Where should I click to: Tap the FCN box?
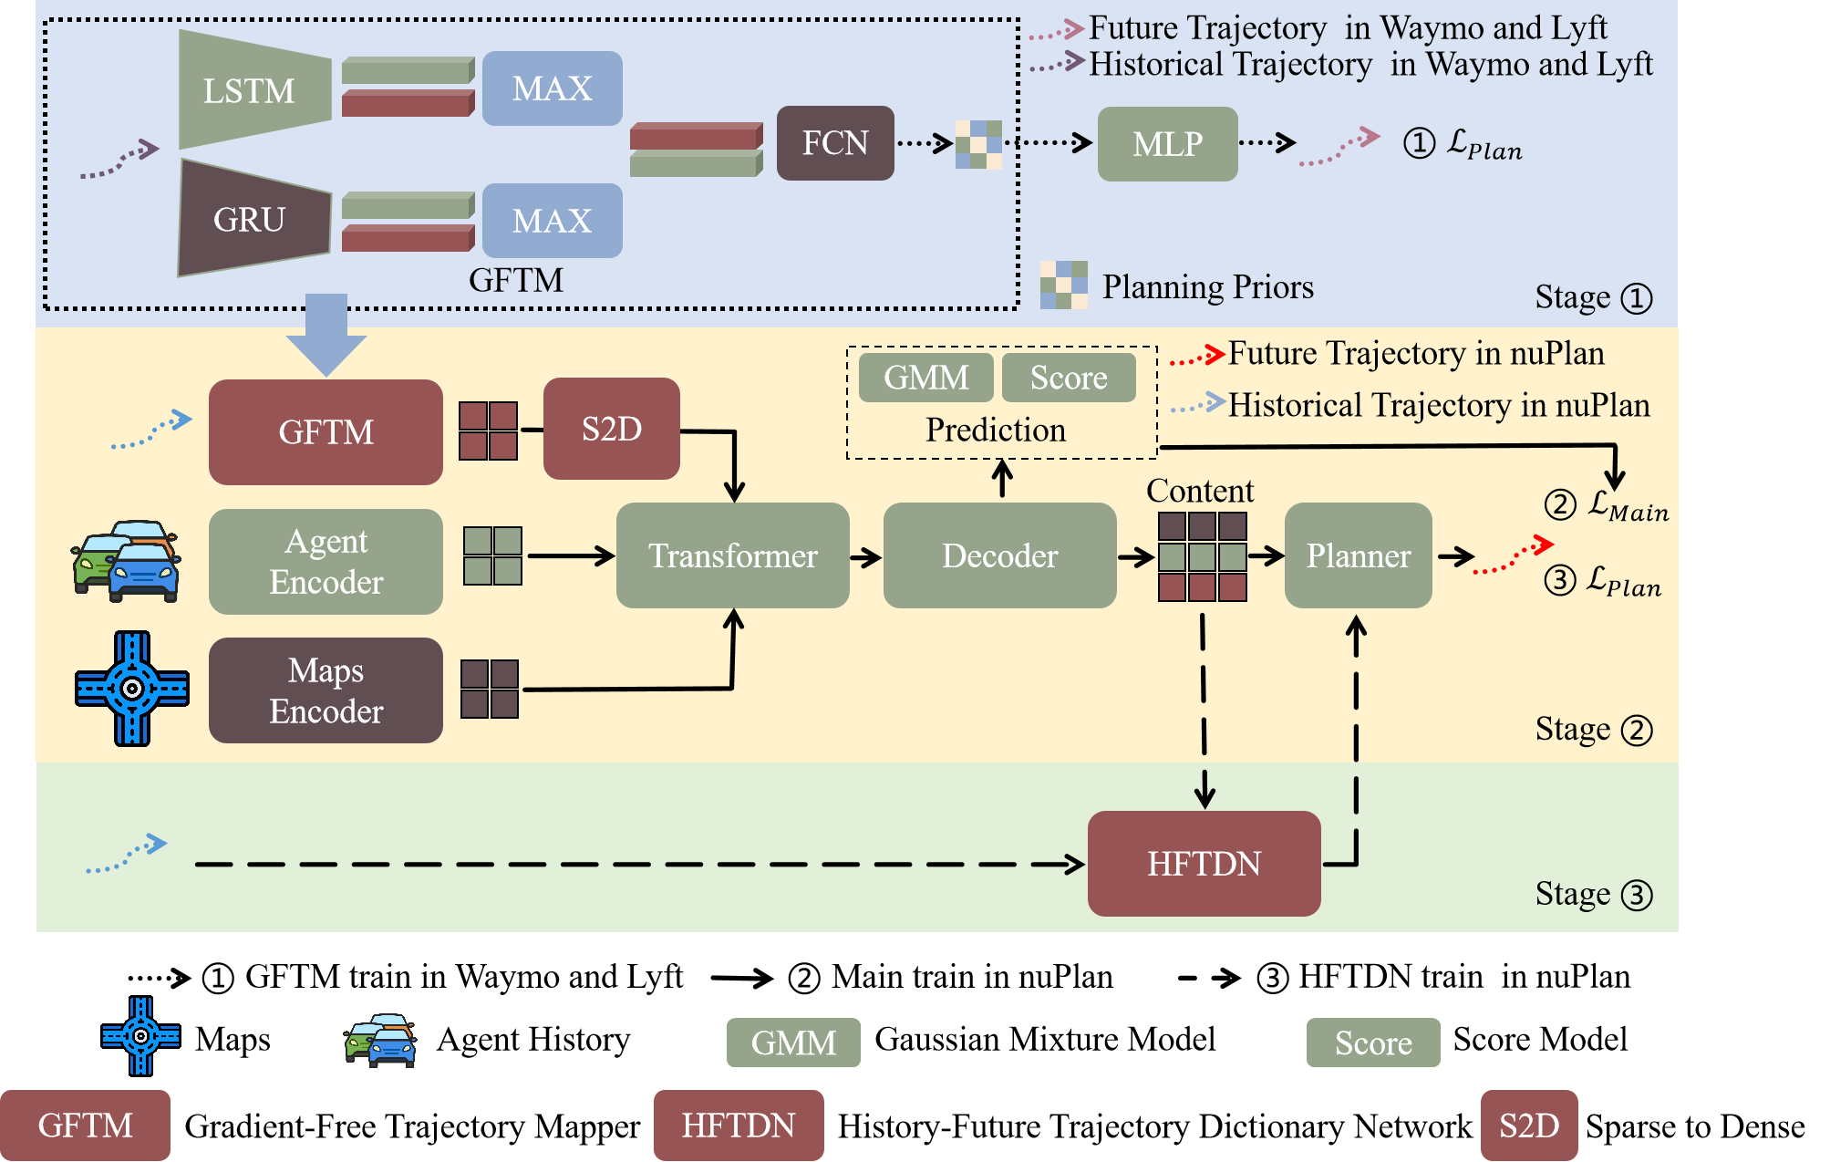coord(834,143)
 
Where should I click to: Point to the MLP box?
coord(1167,144)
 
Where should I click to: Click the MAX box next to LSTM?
coord(552,88)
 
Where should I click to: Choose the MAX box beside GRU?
coord(552,221)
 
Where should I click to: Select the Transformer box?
coord(732,555)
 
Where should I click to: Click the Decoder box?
coord(999,555)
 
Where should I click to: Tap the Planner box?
coord(1358,555)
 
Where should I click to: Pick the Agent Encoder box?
coord(326,562)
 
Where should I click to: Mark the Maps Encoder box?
coord(326,690)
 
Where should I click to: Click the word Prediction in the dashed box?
coord(996,430)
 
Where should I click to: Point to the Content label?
coord(1200,491)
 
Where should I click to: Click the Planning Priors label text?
coord(1207,287)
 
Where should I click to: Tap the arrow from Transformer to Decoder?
coord(866,556)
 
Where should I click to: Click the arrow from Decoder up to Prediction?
coord(1002,479)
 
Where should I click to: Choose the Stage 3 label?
coord(1593,895)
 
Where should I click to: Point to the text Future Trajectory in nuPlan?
coord(1415,354)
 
